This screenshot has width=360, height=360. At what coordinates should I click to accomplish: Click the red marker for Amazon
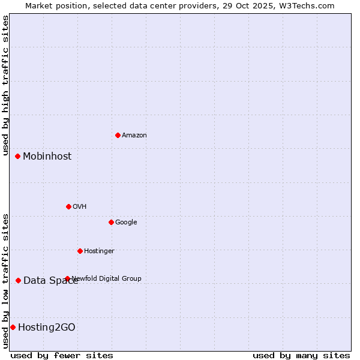[118, 135]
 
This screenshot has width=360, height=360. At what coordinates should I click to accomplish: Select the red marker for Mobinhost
[18, 156]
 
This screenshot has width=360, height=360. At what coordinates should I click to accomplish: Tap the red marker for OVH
[68, 206]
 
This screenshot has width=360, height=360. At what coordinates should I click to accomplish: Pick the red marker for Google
[111, 222]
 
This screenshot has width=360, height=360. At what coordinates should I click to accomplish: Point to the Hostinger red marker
[80, 251]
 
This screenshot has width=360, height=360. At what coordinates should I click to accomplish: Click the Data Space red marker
[19, 280]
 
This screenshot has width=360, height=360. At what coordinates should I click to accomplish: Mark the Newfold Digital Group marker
[67, 278]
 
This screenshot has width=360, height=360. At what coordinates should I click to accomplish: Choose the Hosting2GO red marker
[13, 327]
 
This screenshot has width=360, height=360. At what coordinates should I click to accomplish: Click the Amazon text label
[134, 136]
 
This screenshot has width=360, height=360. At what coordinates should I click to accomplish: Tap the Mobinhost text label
[47, 157]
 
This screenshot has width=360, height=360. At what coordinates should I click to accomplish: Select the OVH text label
[80, 207]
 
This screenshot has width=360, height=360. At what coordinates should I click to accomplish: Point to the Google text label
[126, 223]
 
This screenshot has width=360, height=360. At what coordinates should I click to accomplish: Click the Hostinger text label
[99, 251]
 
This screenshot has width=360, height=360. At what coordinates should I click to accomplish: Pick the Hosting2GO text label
[47, 328]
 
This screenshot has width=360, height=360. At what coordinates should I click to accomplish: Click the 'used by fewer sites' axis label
[62, 356]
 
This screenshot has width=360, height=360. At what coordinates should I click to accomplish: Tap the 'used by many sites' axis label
[301, 356]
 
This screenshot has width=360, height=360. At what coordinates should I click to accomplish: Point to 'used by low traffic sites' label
[5, 281]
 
